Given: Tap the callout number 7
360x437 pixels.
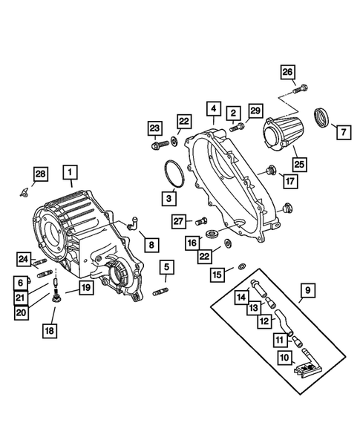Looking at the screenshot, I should pyautogui.click(x=343, y=134).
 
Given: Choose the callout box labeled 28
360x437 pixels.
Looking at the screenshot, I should pyautogui.click(x=40, y=174).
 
